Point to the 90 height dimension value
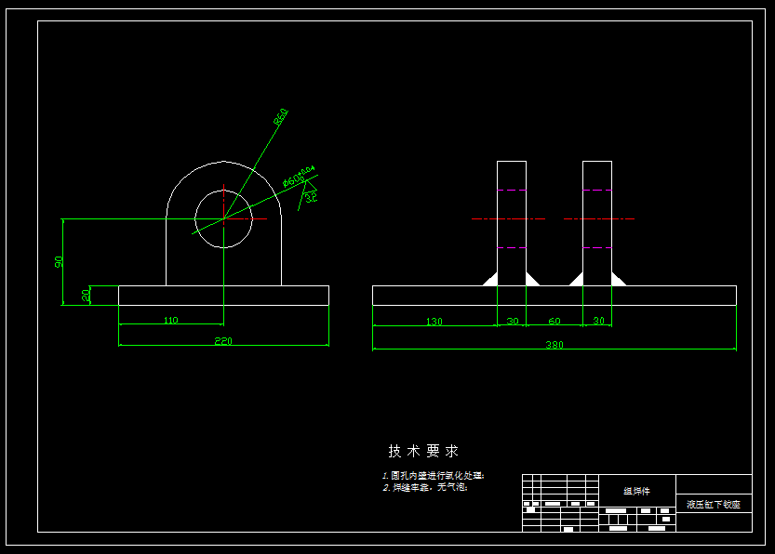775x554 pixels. coord(60,262)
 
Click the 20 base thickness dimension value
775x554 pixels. coord(87,295)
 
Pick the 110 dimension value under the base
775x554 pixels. coord(170,321)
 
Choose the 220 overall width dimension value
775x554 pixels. coord(223,341)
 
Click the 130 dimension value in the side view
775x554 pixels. coord(434,322)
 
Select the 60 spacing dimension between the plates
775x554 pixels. coord(555,322)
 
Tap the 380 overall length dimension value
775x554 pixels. coord(555,345)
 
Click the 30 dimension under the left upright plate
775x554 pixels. coord(512,322)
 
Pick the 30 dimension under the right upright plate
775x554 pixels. coord(598,322)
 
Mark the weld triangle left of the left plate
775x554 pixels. coord(489,279)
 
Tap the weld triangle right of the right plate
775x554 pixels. coord(619,279)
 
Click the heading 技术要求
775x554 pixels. coord(423,451)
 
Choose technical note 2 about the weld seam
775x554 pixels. coord(424,487)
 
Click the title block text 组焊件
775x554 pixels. coord(636,491)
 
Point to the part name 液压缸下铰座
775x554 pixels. coord(714,504)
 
